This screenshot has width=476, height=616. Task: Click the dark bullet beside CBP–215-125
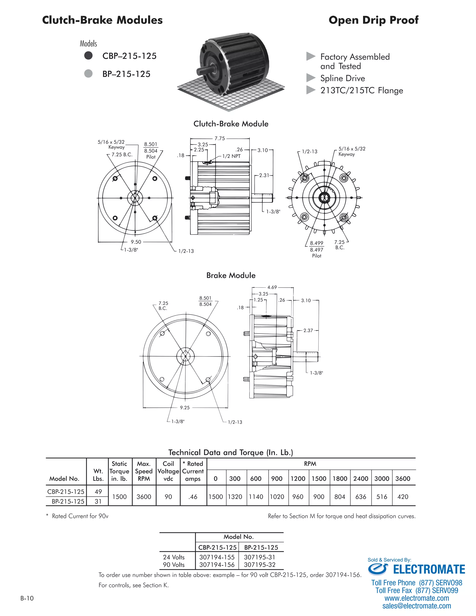pyautogui.click(x=88, y=56)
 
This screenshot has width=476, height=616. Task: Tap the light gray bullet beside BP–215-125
pyautogui.click(x=88, y=74)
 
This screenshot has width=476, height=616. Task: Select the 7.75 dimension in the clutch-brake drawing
pyautogui.click(x=220, y=139)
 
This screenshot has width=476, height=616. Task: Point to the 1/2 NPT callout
pyautogui.click(x=231, y=156)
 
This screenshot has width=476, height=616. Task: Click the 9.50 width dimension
pyautogui.click(x=136, y=242)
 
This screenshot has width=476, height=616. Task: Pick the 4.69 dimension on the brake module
pyautogui.click(x=272, y=287)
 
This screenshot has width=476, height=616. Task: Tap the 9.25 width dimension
pyautogui.click(x=185, y=407)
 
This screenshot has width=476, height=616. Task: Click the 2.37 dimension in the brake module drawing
pyautogui.click(x=308, y=331)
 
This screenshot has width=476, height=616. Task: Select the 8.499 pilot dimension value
pyautogui.click(x=317, y=243)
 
